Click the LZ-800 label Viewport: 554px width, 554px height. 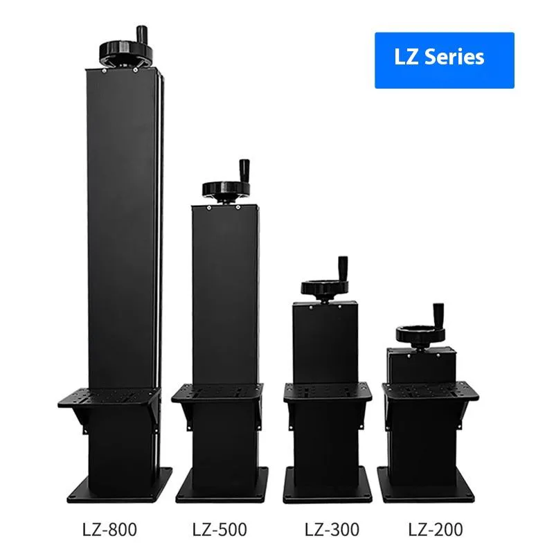pos(109,529)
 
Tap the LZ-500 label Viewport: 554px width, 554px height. pos(220,529)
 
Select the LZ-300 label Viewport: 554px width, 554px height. pos(332,529)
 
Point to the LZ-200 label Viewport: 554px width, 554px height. pos(436,529)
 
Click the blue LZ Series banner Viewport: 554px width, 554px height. pos(445,60)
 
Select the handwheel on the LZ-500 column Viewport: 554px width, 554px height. pos(226,190)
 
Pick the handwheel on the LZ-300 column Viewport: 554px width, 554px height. pos(325,287)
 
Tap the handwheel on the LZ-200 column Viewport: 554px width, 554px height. pos(420,334)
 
